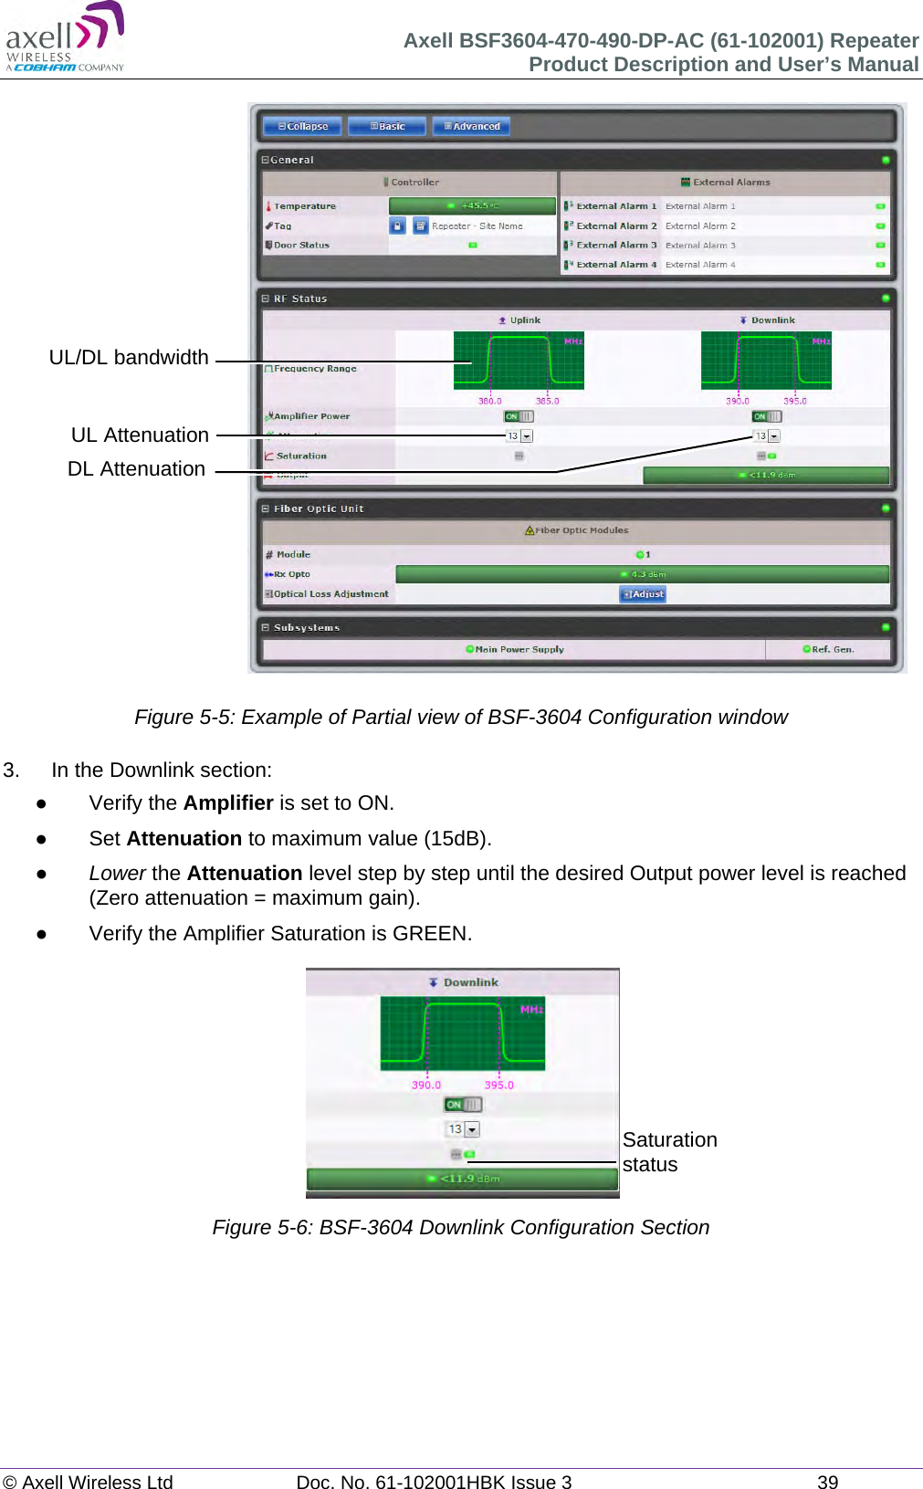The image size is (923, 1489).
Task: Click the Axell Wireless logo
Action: tap(64, 37)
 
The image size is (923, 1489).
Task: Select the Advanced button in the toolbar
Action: tap(471, 126)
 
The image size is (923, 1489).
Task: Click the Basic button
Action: tap(387, 126)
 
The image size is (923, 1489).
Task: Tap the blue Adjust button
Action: tap(643, 594)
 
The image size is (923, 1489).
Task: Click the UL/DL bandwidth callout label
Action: tap(129, 358)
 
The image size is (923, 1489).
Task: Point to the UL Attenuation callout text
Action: tap(140, 435)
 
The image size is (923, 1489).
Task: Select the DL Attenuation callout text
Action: tap(136, 469)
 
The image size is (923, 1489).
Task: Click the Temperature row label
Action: tap(305, 206)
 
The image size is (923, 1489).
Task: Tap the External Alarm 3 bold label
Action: tap(615, 246)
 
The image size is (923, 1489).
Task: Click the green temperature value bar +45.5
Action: tap(472, 206)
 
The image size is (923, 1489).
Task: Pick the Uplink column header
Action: tap(519, 320)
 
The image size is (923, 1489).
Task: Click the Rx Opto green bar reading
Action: tap(642, 574)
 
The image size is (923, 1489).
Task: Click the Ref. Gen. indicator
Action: tap(828, 650)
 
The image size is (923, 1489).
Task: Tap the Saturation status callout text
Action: tap(669, 1152)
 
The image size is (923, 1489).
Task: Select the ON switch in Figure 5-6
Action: tap(463, 1105)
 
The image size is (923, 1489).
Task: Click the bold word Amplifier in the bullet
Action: tap(228, 803)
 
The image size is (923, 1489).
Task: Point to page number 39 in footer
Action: tap(827, 1482)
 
